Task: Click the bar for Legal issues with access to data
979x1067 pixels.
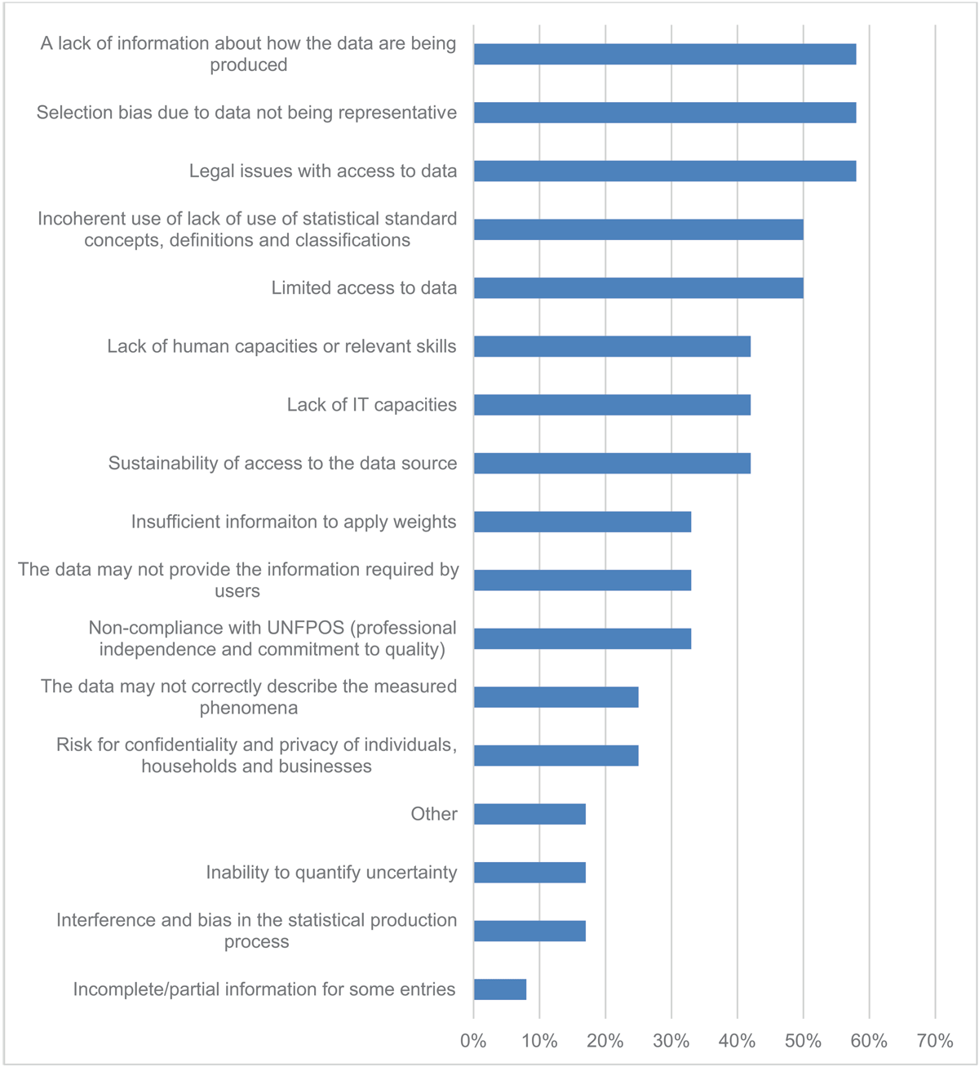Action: coord(665,171)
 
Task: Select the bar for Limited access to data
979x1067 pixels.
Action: coord(638,288)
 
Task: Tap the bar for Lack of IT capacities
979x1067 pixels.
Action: coord(612,405)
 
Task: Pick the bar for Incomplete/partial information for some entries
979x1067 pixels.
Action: coord(500,989)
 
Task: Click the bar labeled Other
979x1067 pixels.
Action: coord(529,814)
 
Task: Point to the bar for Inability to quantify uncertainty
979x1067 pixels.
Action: coord(529,873)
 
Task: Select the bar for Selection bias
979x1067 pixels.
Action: coord(665,113)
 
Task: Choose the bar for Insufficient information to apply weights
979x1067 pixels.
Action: coord(583,522)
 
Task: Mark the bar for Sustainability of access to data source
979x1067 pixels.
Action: coord(612,464)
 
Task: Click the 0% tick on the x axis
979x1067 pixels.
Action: coord(473,1041)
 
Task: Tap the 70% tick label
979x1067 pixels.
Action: coord(935,1041)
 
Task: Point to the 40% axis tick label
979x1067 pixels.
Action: coord(737,1041)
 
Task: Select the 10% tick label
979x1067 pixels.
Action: coord(539,1041)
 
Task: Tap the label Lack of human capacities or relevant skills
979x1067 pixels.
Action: coord(281,346)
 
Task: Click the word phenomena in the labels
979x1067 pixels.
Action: coord(248,708)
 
